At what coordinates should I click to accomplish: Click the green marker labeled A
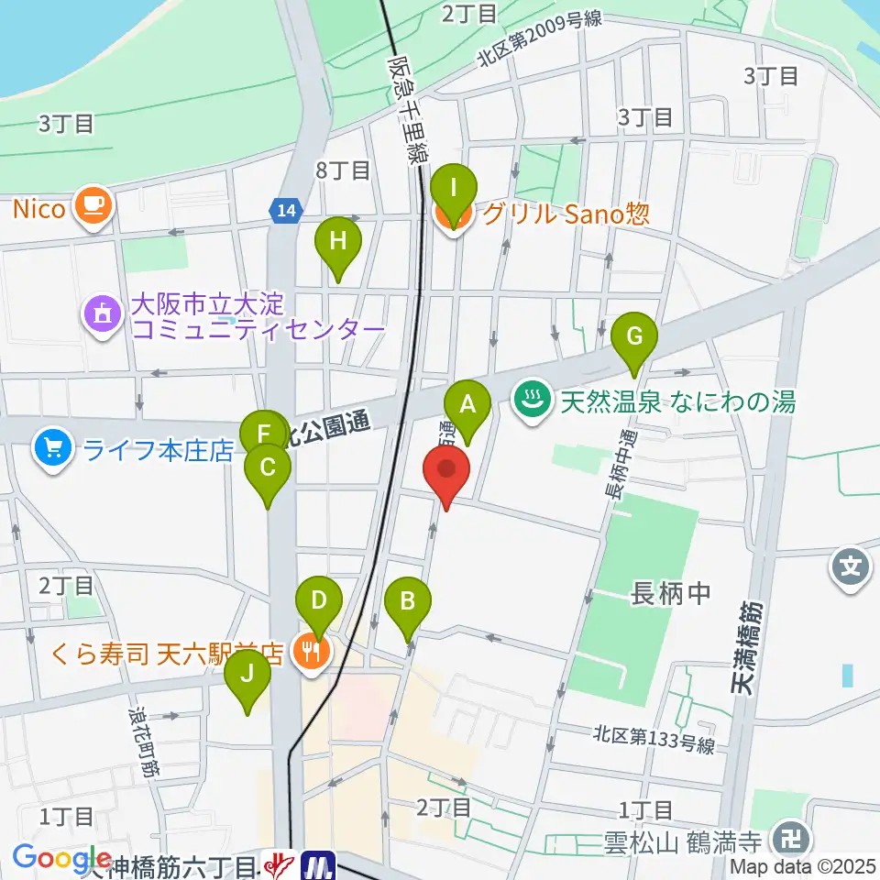(467, 404)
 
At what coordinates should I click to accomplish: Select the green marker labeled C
(268, 468)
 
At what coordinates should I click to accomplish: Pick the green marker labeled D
(318, 602)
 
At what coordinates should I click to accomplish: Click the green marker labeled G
(635, 336)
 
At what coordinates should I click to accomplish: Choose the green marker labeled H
(338, 242)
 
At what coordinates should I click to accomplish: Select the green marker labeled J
(247, 676)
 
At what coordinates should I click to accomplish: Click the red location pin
(446, 471)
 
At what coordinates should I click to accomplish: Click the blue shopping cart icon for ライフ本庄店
(51, 449)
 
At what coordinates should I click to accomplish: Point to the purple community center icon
(102, 314)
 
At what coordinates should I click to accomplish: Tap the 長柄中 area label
(671, 595)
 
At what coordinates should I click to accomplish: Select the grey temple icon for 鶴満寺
(787, 838)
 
